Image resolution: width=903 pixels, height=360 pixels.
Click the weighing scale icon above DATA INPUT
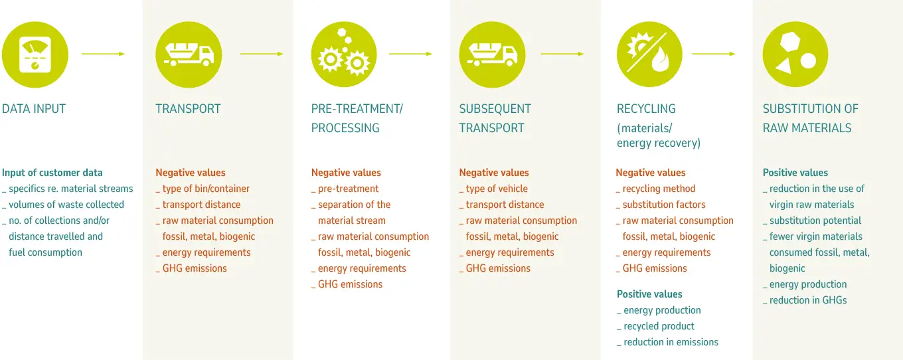pyautogui.click(x=35, y=54)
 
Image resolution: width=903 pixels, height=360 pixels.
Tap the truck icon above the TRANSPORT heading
pyautogui.click(x=189, y=54)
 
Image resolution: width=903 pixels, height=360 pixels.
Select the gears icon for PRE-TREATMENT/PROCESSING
pyautogui.click(x=344, y=54)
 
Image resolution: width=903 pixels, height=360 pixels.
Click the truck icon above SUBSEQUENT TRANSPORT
pyautogui.click(x=492, y=54)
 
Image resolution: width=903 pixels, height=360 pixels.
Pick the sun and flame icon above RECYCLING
pyautogui.click(x=649, y=54)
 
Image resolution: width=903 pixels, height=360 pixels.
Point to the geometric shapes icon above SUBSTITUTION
pyautogui.click(x=795, y=54)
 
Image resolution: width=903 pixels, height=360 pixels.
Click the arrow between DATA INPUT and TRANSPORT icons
pyautogui.click(x=103, y=54)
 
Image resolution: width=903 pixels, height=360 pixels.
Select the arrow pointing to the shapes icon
pyautogui.click(x=714, y=54)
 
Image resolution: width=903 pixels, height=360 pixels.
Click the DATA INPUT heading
pyautogui.click(x=34, y=109)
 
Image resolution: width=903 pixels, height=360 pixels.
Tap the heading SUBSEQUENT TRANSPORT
pyautogui.click(x=495, y=118)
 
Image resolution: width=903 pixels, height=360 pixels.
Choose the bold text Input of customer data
pyautogui.click(x=52, y=173)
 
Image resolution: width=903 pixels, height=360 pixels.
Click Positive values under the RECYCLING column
pyautogui.click(x=649, y=294)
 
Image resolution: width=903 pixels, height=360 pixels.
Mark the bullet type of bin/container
pyautogui.click(x=203, y=189)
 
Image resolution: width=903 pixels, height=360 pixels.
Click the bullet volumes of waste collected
pyautogui.click(x=63, y=205)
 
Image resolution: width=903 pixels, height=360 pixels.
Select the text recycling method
pyautogui.click(x=659, y=189)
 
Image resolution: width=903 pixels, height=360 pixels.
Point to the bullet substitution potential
pyautogui.click(x=812, y=221)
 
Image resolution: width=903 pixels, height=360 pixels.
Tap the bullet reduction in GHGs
pyautogui.click(x=805, y=300)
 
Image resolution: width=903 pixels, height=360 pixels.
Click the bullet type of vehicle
pyautogui.click(x=493, y=189)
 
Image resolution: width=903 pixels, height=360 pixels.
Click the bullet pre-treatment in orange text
pyautogui.click(x=345, y=189)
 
